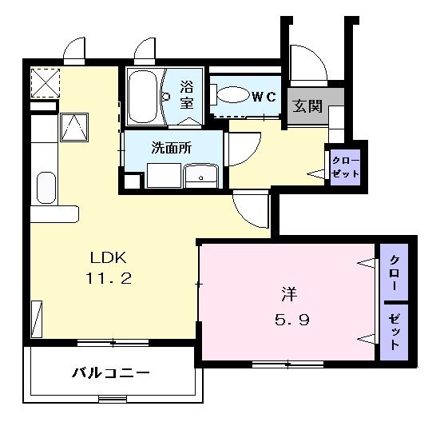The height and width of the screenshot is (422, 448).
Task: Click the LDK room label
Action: point(108,258)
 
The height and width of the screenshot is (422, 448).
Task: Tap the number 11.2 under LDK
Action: point(109,278)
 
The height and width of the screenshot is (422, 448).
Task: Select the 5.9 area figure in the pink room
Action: point(292,320)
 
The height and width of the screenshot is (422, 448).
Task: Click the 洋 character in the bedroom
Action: point(289,295)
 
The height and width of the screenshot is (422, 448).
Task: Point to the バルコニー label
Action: point(110,372)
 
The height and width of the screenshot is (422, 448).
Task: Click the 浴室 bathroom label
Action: point(187,95)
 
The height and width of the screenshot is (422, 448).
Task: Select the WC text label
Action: point(264,97)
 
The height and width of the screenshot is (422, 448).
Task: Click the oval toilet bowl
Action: point(232,94)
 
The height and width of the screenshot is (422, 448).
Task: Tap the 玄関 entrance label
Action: point(307,106)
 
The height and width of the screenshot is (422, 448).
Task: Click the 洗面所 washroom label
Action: point(172,148)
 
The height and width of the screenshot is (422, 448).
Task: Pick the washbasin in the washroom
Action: point(200,176)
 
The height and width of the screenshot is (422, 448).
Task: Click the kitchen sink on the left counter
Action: point(46,188)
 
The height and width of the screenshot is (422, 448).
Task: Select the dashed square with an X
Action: point(46,83)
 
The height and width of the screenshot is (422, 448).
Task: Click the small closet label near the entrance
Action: point(345,167)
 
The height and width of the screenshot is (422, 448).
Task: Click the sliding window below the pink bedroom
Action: point(287,364)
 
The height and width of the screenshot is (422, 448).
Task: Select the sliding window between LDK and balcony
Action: point(113,343)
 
